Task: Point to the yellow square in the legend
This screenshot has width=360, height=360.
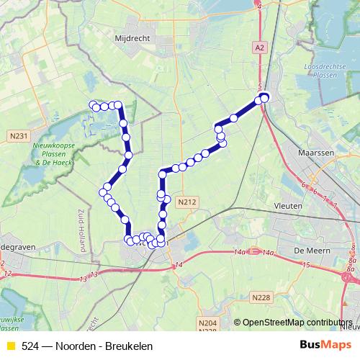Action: [10, 346]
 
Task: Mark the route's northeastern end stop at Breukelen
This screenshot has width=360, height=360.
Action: [264, 98]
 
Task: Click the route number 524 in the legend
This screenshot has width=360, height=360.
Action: [30, 346]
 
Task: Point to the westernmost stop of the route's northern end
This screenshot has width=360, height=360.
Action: [93, 105]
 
